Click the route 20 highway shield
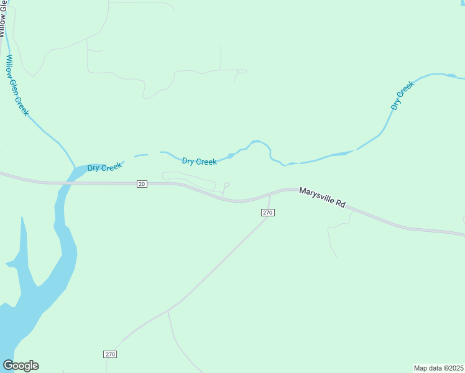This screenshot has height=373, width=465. click(142, 184)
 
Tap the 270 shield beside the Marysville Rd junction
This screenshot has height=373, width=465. click(267, 213)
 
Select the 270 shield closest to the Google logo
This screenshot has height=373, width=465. click(110, 354)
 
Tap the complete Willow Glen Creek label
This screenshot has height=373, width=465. click(17, 85)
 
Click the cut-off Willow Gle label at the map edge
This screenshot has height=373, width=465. click(3, 19)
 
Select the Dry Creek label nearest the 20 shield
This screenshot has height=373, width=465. click(104, 168)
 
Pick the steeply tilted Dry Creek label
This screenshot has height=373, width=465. click(402, 96)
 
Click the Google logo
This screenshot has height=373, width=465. click(21, 366)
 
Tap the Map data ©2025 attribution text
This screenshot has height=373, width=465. click(438, 367)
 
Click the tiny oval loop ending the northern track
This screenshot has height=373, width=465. click(241, 71)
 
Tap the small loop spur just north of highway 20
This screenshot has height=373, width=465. click(226, 185)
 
